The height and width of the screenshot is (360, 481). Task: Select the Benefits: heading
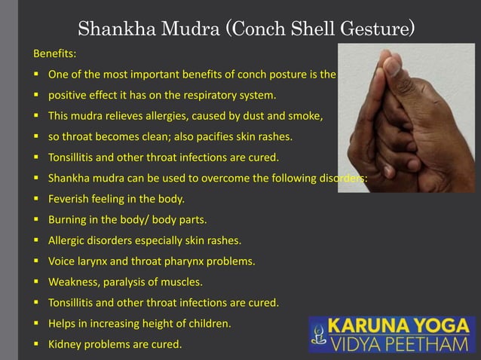coord(54,55)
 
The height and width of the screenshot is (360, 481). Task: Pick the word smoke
coord(305,117)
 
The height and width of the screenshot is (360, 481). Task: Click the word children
coord(210,325)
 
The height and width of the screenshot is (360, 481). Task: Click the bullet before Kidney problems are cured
coord(35,346)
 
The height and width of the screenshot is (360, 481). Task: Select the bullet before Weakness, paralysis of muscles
coord(35,283)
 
